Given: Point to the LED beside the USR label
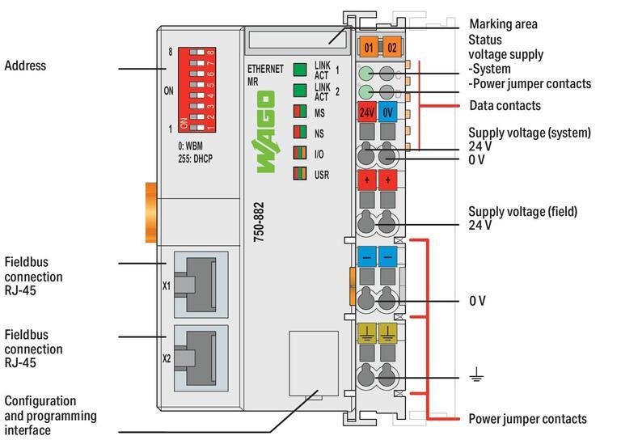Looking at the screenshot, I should [x=300, y=171].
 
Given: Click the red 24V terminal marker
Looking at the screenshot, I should [x=367, y=112].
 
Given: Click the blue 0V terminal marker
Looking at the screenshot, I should [x=389, y=112].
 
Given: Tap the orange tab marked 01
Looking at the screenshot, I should [x=368, y=47].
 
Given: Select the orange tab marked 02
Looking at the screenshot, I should [x=391, y=47].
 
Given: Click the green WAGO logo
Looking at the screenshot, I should [x=265, y=133].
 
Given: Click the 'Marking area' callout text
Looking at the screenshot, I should [x=503, y=24].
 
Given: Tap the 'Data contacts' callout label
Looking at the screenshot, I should [x=504, y=106].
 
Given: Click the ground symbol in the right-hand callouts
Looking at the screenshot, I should [x=477, y=374].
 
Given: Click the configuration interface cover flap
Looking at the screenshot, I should [x=311, y=364].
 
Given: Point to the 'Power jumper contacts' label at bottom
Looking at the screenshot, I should [x=527, y=419].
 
